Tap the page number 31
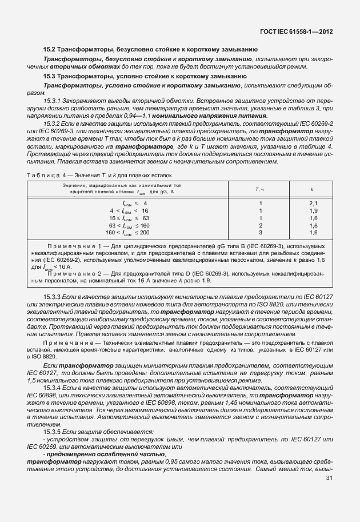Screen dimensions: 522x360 (x=329, y=478)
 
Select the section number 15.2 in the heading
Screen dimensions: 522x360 (x=50, y=50)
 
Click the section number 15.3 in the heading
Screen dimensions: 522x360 (x=50, y=75)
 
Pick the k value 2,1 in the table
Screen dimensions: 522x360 (x=313, y=203)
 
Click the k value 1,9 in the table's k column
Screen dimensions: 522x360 (x=313, y=210)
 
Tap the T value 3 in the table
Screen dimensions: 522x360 (x=261, y=232)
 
